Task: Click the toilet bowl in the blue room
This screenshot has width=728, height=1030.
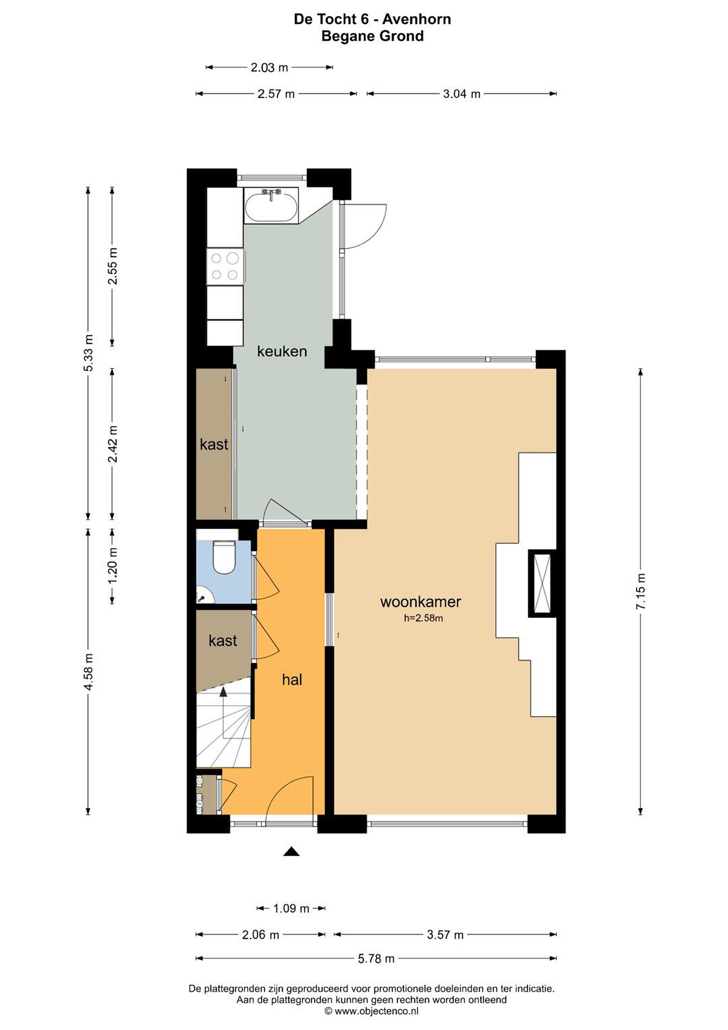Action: [224, 557]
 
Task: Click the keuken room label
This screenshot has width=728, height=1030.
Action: [282, 351]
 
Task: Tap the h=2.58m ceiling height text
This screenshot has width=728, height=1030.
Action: [423, 618]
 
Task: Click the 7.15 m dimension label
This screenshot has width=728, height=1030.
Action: [640, 591]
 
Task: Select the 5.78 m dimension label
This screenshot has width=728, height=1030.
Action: [376, 959]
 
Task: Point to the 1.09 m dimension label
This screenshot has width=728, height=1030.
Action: [291, 908]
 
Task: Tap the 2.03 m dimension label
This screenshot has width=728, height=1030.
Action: [269, 68]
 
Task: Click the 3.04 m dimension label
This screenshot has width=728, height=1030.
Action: [462, 94]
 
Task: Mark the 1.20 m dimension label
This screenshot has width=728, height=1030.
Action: [112, 565]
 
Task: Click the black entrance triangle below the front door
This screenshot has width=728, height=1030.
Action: [291, 852]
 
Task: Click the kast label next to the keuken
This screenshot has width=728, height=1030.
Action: [214, 445]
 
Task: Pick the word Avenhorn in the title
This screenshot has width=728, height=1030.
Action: [416, 19]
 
